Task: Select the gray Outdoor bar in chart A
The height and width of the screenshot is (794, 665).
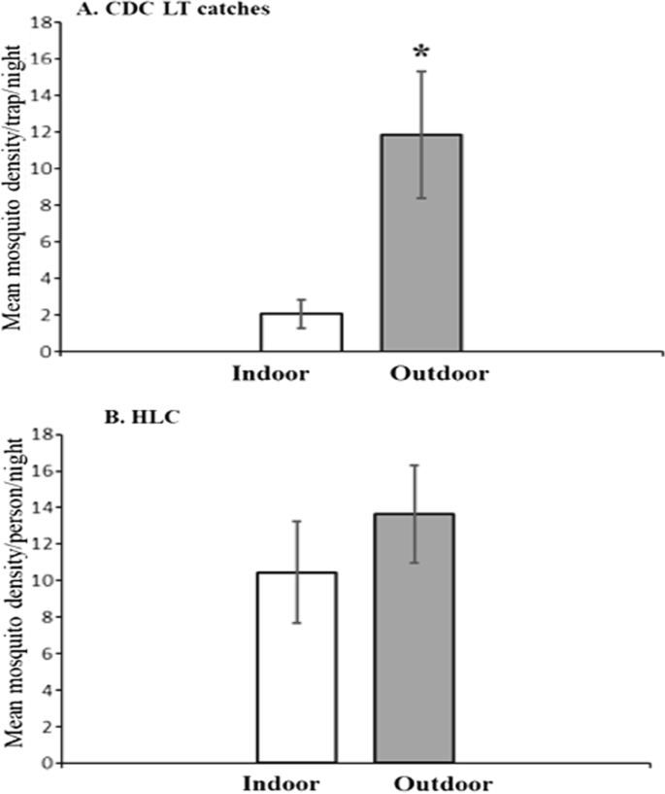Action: point(420,243)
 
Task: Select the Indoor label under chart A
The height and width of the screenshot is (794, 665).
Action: point(271,372)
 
